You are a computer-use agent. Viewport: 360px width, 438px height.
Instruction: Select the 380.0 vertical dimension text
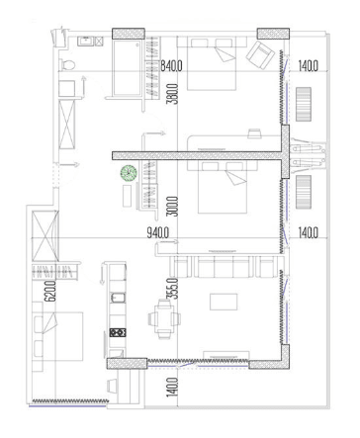[x=173, y=93]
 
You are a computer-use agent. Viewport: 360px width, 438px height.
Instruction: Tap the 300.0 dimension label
[x=172, y=204]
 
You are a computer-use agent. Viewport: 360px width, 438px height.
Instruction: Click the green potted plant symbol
[x=128, y=175]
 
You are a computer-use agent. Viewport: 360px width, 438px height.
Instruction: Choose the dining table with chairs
[x=160, y=318]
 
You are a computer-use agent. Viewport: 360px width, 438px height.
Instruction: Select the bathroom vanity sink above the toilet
[x=83, y=43]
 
